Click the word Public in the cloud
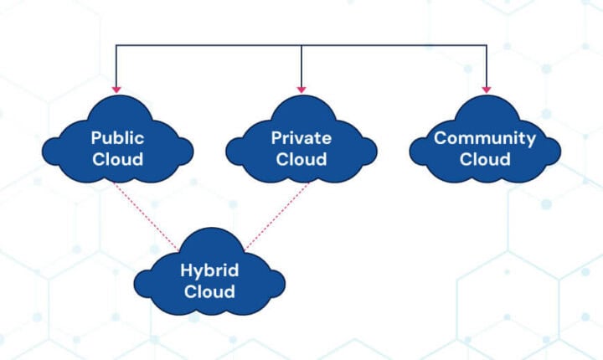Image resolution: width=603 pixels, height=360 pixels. (x=117, y=138)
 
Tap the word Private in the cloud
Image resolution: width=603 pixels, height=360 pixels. (x=301, y=138)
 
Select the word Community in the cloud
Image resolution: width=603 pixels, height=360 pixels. (x=484, y=138)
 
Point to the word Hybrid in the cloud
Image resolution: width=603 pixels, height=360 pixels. (x=209, y=270)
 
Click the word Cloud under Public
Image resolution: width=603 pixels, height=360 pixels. (x=117, y=158)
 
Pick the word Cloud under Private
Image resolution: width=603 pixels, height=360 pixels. (x=301, y=158)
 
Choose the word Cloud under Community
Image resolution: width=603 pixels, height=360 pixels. (x=484, y=158)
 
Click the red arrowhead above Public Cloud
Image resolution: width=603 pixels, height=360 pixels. (x=116, y=88)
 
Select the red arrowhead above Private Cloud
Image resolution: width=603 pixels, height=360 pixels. (x=301, y=88)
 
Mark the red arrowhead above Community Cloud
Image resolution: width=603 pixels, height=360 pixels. (x=486, y=88)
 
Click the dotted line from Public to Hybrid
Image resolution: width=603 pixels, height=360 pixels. (x=147, y=213)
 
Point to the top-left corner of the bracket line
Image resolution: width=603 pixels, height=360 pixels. (x=116, y=45)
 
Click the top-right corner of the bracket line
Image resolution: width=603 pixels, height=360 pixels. (x=486, y=45)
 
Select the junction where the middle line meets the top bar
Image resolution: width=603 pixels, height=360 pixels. (x=301, y=45)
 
